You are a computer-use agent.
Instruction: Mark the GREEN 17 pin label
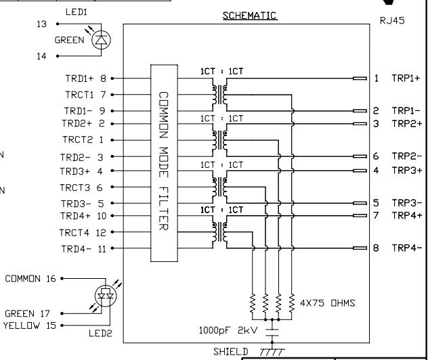[31, 314]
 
